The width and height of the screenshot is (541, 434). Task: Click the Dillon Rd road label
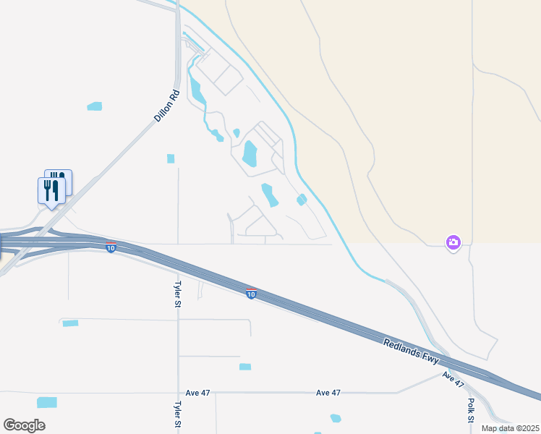166,106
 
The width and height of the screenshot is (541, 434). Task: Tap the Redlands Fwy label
412,350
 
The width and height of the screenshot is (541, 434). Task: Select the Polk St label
471,409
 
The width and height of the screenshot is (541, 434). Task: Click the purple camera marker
453,243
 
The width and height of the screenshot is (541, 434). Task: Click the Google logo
24,425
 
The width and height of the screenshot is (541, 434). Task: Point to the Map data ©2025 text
509,428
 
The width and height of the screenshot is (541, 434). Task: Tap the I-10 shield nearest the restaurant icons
110,248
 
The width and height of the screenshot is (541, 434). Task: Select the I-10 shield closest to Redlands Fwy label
250,294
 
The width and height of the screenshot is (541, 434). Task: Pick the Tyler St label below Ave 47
177,415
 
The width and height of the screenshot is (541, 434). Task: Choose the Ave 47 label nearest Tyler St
197,393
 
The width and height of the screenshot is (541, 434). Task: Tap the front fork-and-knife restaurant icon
51,190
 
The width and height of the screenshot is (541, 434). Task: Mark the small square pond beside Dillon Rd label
171,158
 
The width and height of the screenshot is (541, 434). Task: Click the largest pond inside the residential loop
250,153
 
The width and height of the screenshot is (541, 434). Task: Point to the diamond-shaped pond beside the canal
302,200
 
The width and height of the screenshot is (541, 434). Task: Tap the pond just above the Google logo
47,402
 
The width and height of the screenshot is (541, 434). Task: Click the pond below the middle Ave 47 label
335,418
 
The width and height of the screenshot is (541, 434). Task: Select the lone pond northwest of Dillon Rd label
95,106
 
